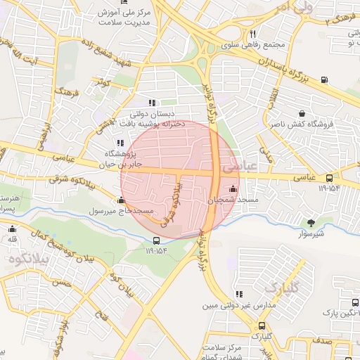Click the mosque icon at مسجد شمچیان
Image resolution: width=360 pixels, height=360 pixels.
coord(233,188)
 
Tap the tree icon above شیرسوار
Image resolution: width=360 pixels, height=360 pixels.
coord(311,223)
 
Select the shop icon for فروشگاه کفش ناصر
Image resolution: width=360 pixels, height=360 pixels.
coord(302,113)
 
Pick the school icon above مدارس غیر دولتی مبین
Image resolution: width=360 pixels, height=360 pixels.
coord(240,294)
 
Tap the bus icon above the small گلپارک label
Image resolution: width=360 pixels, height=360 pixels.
coord(262,326)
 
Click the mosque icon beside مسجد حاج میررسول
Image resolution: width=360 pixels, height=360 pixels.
coord(121,200)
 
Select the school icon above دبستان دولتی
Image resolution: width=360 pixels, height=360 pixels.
coord(152,103)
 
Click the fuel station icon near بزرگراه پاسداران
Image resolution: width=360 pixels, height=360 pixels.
coord(323,79)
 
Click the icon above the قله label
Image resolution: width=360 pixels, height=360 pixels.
coord(12,229)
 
